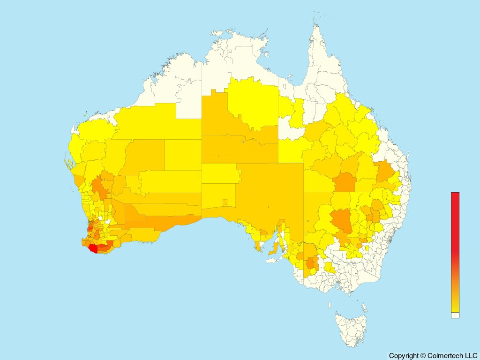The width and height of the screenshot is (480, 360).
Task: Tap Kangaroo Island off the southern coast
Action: (x=272, y=261)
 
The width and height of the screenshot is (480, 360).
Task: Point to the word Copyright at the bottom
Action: (x=404, y=356)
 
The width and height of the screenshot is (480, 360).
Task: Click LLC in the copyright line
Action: (x=470, y=356)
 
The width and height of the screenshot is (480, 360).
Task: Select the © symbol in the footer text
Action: (x=423, y=356)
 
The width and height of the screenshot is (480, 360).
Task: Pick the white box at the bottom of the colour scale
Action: (x=455, y=315)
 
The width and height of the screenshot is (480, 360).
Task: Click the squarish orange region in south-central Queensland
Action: (x=345, y=182)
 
